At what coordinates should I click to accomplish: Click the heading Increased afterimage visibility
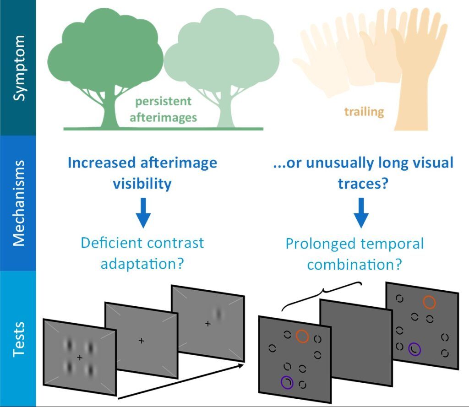tap(142, 173)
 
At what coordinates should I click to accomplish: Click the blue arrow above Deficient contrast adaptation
tap(143, 212)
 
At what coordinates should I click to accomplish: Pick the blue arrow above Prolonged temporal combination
tap(360, 212)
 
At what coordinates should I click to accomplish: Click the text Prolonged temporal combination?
tap(355, 254)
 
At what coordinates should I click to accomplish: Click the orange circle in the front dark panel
tap(302, 336)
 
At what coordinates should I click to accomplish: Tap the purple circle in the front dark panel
tap(287, 382)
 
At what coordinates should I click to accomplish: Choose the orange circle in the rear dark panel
tap(429, 302)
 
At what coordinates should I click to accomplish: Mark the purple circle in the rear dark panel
tap(414, 349)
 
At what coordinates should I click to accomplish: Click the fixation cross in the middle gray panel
tap(141, 341)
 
